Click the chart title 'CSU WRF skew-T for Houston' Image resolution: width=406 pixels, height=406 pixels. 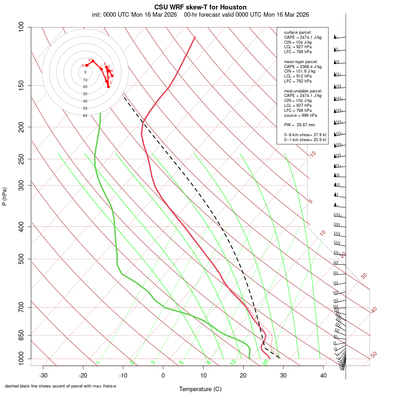200,7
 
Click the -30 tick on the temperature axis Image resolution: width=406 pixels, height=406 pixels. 43,375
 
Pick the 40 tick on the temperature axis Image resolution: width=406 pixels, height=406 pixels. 323,375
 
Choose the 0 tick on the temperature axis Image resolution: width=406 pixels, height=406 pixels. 163,375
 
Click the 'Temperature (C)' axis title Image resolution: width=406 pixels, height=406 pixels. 200,389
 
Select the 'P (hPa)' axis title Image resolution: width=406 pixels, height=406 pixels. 5,197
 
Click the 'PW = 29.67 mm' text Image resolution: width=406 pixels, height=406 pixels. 300,125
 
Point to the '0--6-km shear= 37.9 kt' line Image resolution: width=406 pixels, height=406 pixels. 305,135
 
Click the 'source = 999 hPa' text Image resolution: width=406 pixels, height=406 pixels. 300,115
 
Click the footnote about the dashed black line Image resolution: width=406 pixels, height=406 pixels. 60,386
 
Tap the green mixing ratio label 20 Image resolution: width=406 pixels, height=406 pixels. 266,362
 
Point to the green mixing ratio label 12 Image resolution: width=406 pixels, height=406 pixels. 233,362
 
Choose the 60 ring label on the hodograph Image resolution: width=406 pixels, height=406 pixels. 85,115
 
